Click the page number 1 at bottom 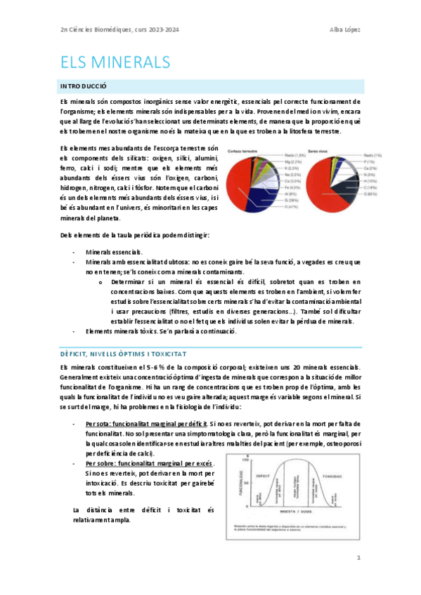(358, 558)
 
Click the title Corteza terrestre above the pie (245, 152)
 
